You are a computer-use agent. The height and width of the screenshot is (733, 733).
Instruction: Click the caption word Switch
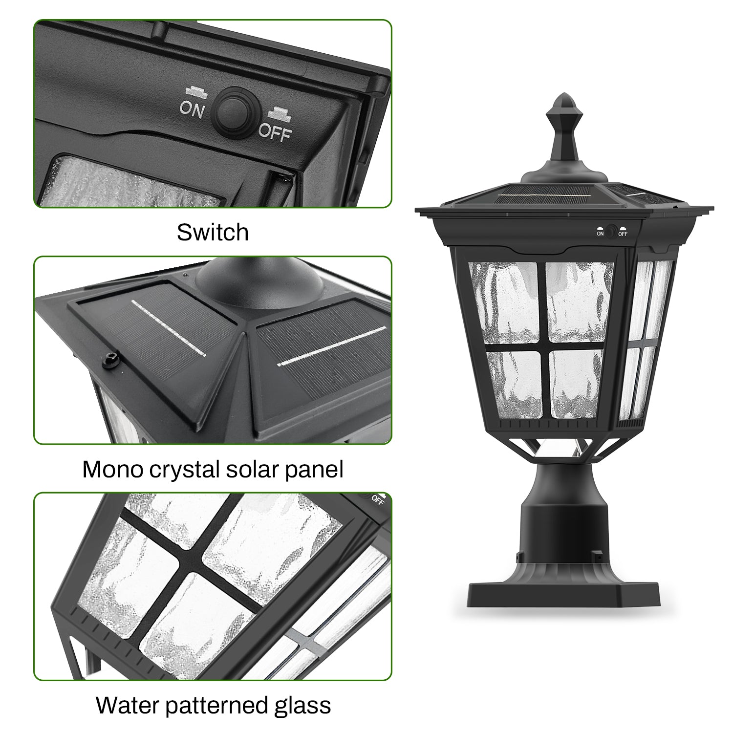click(x=213, y=233)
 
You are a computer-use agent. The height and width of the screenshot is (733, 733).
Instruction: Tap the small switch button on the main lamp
click(x=611, y=231)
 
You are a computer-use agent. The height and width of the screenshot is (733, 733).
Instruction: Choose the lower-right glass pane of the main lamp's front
click(x=576, y=384)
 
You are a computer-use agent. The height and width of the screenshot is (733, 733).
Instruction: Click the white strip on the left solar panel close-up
click(x=169, y=327)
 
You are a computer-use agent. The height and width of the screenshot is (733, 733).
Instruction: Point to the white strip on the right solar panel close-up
click(x=332, y=345)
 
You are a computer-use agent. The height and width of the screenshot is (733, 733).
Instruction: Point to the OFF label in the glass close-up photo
click(x=377, y=499)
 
